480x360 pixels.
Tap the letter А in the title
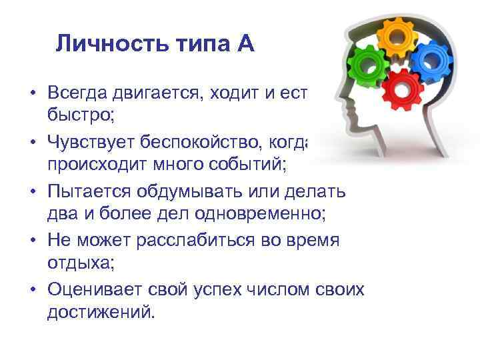click(x=244, y=44)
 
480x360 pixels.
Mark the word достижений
click(x=100, y=311)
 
